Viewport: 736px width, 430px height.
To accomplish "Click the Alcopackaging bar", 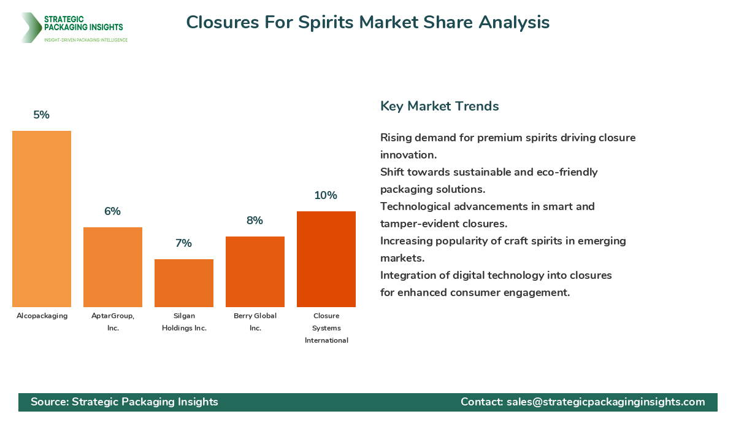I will (42, 219).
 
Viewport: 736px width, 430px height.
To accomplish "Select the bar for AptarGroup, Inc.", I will (113, 267).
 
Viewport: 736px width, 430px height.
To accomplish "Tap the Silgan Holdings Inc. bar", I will (184, 283).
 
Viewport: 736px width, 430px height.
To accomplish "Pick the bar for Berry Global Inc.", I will (255, 272).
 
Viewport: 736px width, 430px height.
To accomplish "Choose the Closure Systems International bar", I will (326, 259).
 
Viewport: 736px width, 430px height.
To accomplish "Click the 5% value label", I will (42, 115).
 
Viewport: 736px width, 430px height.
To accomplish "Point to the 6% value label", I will (113, 211).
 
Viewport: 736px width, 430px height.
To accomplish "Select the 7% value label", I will (184, 243).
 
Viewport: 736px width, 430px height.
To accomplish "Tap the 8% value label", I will (255, 221).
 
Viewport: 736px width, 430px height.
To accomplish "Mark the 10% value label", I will (326, 195).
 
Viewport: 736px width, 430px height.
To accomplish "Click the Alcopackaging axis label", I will (42, 316).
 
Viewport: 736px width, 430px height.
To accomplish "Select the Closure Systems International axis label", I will (326, 328).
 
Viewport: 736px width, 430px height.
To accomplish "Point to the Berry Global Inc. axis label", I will (255, 322).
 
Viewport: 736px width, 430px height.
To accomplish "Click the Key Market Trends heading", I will (440, 106).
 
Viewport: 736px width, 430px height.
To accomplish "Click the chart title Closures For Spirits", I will (368, 22).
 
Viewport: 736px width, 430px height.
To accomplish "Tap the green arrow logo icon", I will (29, 28).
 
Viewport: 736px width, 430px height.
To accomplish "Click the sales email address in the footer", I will (605, 402).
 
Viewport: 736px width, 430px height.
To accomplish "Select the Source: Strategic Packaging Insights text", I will (125, 402).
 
